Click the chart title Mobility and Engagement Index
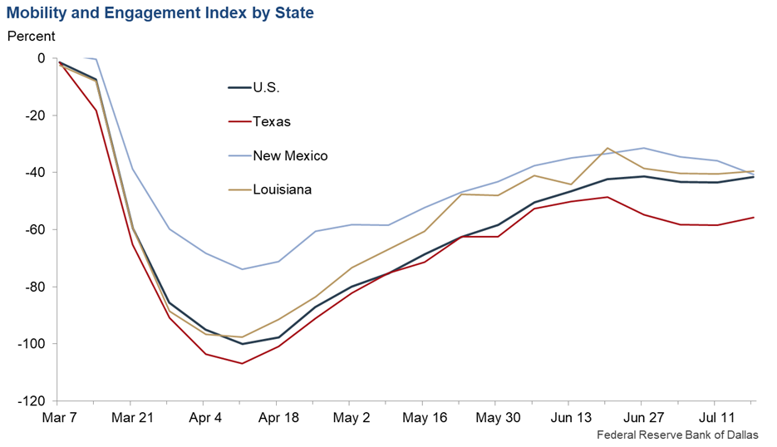160,14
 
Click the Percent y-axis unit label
32,37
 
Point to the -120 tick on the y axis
32,400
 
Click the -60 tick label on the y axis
36,229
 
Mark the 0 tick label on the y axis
42,58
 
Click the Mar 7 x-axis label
59,417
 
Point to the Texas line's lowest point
242,363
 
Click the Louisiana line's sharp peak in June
608,148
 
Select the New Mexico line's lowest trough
242,268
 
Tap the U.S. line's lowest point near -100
242,343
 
